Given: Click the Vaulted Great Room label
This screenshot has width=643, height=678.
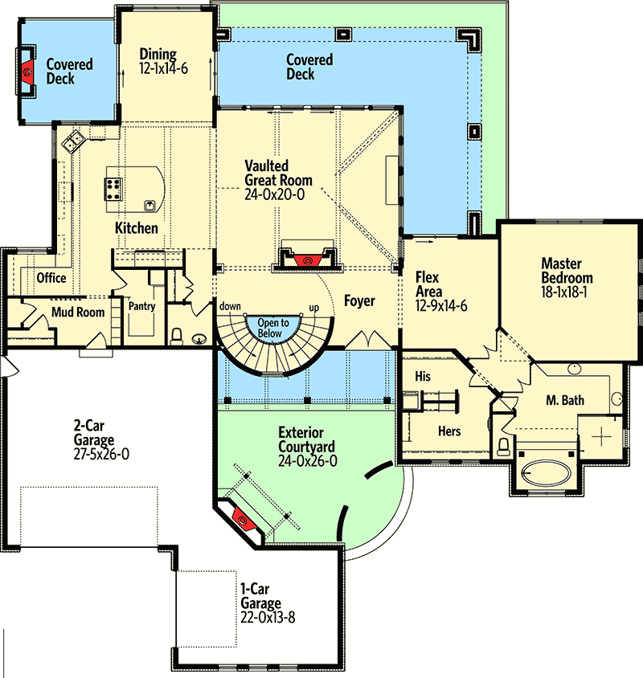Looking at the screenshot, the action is click(278, 173).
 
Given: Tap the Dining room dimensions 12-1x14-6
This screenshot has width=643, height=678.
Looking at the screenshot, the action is click(163, 68).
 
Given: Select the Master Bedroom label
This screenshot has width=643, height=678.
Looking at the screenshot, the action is click(567, 271).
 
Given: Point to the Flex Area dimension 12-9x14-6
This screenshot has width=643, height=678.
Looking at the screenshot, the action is click(441, 306).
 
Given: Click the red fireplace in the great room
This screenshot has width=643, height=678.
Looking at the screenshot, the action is click(308, 260).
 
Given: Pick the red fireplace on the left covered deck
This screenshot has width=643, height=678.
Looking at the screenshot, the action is click(27, 71).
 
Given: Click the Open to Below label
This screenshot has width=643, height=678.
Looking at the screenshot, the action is click(273, 329).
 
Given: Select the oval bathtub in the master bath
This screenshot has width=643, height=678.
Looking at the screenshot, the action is click(546, 473).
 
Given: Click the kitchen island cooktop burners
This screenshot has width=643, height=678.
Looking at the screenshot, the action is click(113, 190).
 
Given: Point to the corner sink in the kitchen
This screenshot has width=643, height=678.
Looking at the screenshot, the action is click(73, 141).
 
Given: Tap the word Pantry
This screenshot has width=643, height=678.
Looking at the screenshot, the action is click(142, 306).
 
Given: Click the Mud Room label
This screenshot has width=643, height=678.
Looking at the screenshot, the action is click(78, 312).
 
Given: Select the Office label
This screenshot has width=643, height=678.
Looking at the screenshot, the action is click(51, 278).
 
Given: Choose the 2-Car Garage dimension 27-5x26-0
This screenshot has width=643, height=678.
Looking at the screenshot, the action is click(101, 454).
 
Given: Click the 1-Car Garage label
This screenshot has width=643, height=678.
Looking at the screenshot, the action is click(261, 596).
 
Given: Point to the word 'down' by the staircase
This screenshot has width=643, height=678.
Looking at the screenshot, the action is click(230, 306).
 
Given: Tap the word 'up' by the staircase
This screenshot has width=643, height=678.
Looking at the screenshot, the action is click(314, 308).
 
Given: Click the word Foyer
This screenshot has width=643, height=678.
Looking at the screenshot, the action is click(359, 300).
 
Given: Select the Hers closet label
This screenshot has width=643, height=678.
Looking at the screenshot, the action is click(449, 431).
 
